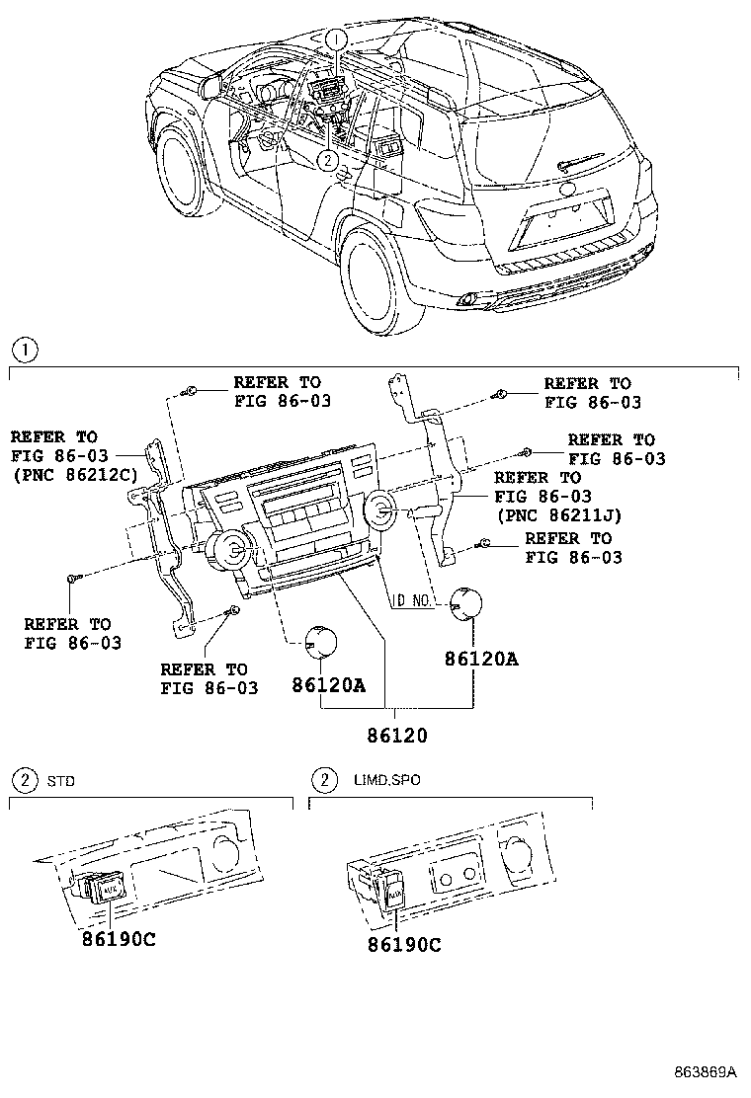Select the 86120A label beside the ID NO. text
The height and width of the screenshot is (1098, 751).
coord(479,657)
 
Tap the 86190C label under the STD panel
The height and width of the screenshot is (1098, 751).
coord(119,938)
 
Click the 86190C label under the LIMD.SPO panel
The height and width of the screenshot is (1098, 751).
coord(403,945)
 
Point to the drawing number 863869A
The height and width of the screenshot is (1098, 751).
coord(706,1071)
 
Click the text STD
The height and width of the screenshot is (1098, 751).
coord(60,781)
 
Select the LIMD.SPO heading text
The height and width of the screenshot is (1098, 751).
coord(386,780)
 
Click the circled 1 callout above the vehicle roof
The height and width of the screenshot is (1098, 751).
coord(337,39)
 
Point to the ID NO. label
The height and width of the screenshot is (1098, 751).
coord(414,600)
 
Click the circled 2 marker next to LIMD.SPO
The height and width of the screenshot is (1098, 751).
coord(322,780)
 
